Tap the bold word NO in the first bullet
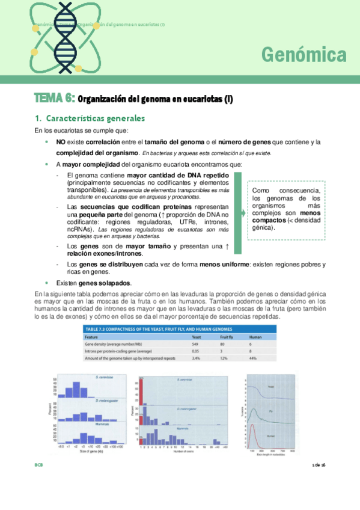coord(61,142)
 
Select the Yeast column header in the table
coord(196,338)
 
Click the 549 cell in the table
coord(194,345)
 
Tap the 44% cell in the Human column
coord(253,358)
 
